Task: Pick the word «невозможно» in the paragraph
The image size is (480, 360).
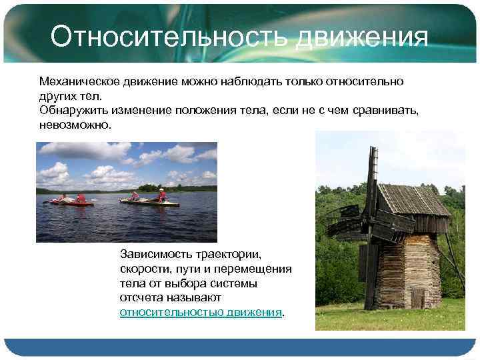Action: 74,125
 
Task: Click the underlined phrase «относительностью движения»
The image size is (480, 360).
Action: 201,313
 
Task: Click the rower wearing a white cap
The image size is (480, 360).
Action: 162,195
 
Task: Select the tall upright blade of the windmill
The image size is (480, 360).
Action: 371,180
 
